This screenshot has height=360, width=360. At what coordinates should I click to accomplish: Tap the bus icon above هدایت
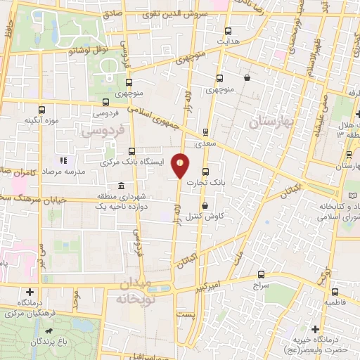point(227,31)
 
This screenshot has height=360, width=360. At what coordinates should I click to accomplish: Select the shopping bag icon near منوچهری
point(246,77)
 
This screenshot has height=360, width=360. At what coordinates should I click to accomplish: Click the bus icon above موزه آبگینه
point(42,110)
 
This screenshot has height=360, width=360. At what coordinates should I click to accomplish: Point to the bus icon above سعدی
point(205,131)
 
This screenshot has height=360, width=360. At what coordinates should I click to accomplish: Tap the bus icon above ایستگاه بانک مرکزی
point(131,150)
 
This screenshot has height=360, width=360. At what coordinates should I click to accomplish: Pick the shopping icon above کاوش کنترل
point(205,205)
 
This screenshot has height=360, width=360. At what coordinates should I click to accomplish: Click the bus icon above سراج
point(261,276)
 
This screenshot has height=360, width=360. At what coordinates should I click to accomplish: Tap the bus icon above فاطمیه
point(333,291)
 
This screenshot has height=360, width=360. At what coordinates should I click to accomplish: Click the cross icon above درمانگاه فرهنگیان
point(30,291)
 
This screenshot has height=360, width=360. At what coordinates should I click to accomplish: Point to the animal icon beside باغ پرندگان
point(48,330)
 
